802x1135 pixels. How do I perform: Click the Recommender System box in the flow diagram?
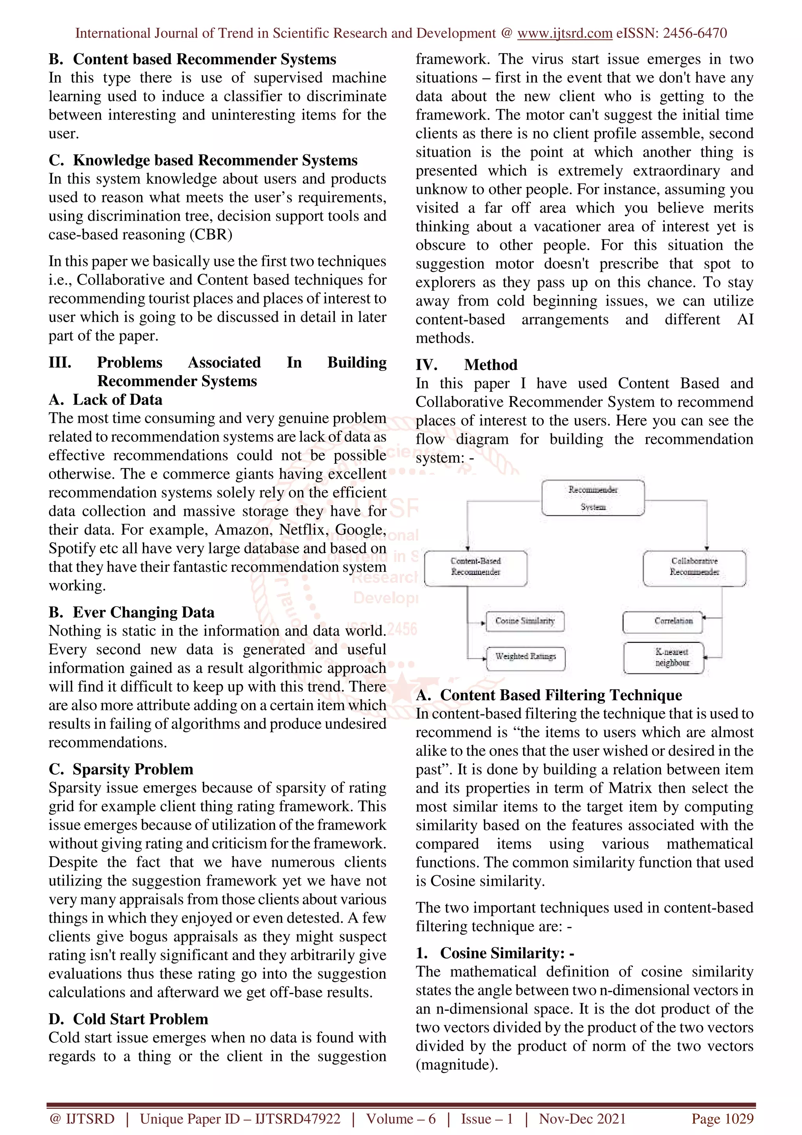[592, 498]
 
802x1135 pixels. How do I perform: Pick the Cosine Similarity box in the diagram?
[525, 621]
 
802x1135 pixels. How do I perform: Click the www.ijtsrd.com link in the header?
[564, 33]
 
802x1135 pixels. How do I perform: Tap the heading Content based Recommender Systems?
[204, 59]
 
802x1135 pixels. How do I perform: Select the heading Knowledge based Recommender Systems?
[215, 160]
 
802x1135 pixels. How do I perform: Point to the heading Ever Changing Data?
[143, 612]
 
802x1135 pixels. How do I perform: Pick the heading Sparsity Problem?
[132, 769]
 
